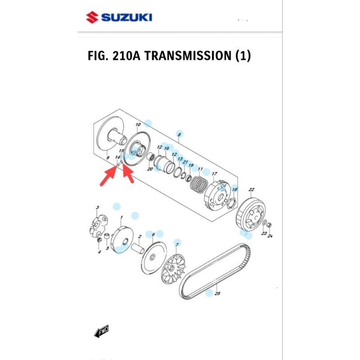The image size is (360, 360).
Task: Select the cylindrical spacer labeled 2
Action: [138, 247]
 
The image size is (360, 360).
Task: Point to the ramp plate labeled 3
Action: [98, 225]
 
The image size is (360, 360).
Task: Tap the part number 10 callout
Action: [138, 125]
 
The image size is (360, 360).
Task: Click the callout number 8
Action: [180, 135]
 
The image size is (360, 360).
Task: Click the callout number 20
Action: [150, 169]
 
